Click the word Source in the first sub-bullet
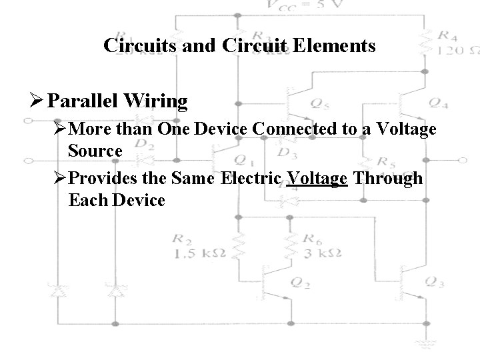coord(95,151)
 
